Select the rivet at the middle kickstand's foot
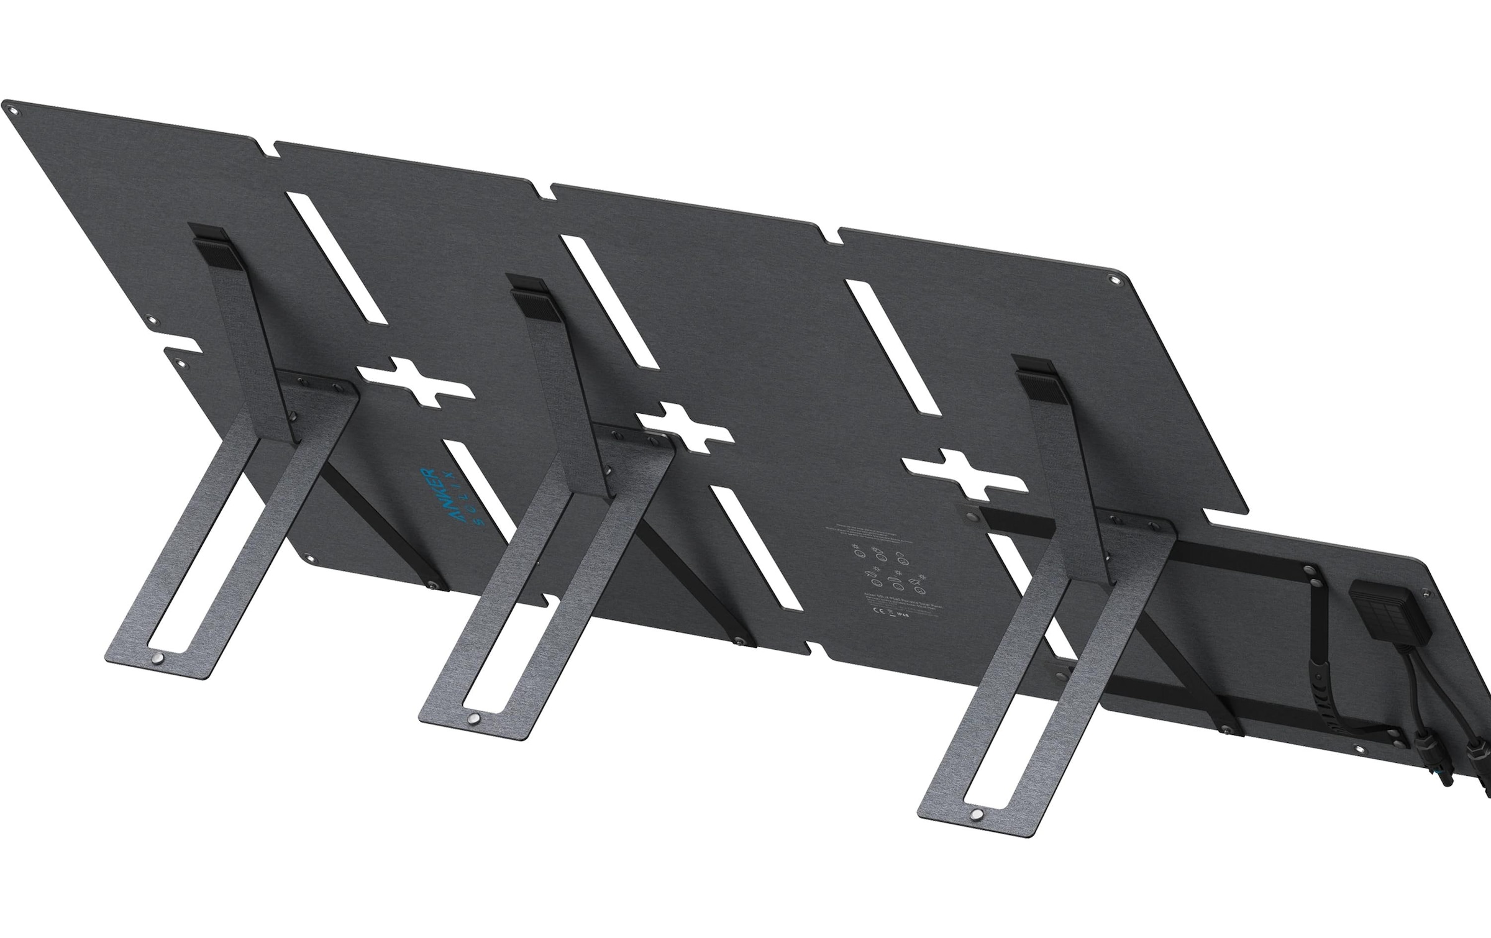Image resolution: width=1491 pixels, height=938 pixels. [474, 718]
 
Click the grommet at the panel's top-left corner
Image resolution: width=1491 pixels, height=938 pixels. [14, 112]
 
